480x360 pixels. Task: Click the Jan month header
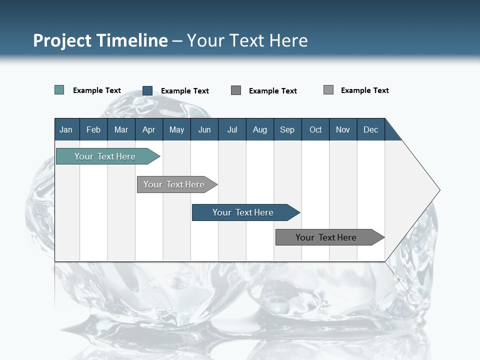(x=66, y=129)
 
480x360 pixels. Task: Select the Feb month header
(x=93, y=129)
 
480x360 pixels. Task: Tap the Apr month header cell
(x=149, y=129)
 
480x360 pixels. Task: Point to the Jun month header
(x=204, y=129)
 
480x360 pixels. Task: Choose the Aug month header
(x=260, y=129)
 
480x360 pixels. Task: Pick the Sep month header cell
(x=287, y=129)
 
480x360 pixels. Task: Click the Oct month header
(x=315, y=129)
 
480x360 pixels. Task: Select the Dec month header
(x=371, y=129)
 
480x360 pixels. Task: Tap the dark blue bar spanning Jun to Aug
(x=243, y=212)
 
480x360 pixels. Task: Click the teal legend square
(x=59, y=90)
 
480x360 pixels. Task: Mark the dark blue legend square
(x=147, y=90)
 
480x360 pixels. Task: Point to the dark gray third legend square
(x=236, y=90)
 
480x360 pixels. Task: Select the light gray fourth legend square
(x=328, y=90)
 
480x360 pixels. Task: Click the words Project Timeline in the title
(x=100, y=40)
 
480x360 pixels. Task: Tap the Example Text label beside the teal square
(x=97, y=90)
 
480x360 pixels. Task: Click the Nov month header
(x=343, y=129)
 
